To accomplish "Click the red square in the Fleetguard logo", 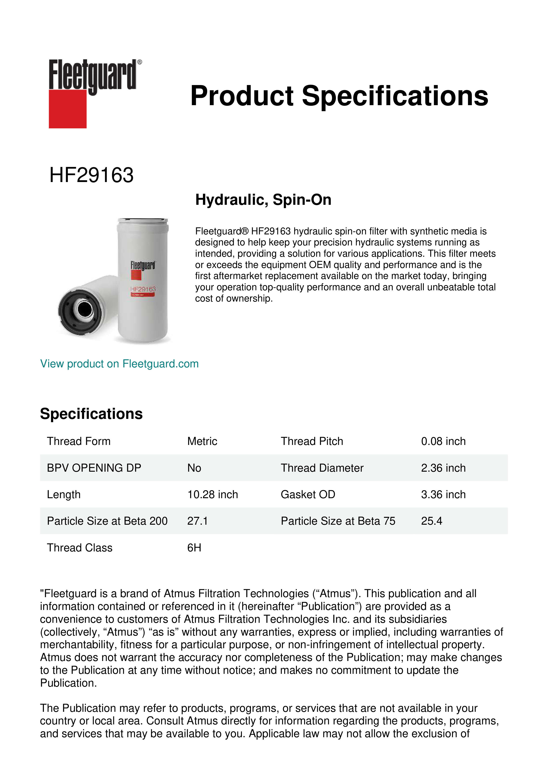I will click(x=68, y=109).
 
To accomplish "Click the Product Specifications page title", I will click(x=339, y=96).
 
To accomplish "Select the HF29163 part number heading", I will click(x=91, y=175).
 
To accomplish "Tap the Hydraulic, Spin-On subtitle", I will click(x=263, y=199).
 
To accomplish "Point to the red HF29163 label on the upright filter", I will click(x=143, y=289).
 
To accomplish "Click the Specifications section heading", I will click(x=91, y=414).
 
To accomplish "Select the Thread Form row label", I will click(x=79, y=441).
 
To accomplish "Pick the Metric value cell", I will click(x=202, y=441).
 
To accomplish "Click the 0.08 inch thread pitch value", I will click(x=443, y=441).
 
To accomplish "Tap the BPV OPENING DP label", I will click(x=94, y=468).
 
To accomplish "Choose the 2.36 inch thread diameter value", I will click(x=443, y=468).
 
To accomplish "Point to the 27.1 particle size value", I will click(x=197, y=521).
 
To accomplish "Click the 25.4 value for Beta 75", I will click(x=431, y=521).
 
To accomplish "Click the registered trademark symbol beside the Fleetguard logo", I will click(x=140, y=62).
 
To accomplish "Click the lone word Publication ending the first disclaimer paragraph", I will click(x=68, y=683).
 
